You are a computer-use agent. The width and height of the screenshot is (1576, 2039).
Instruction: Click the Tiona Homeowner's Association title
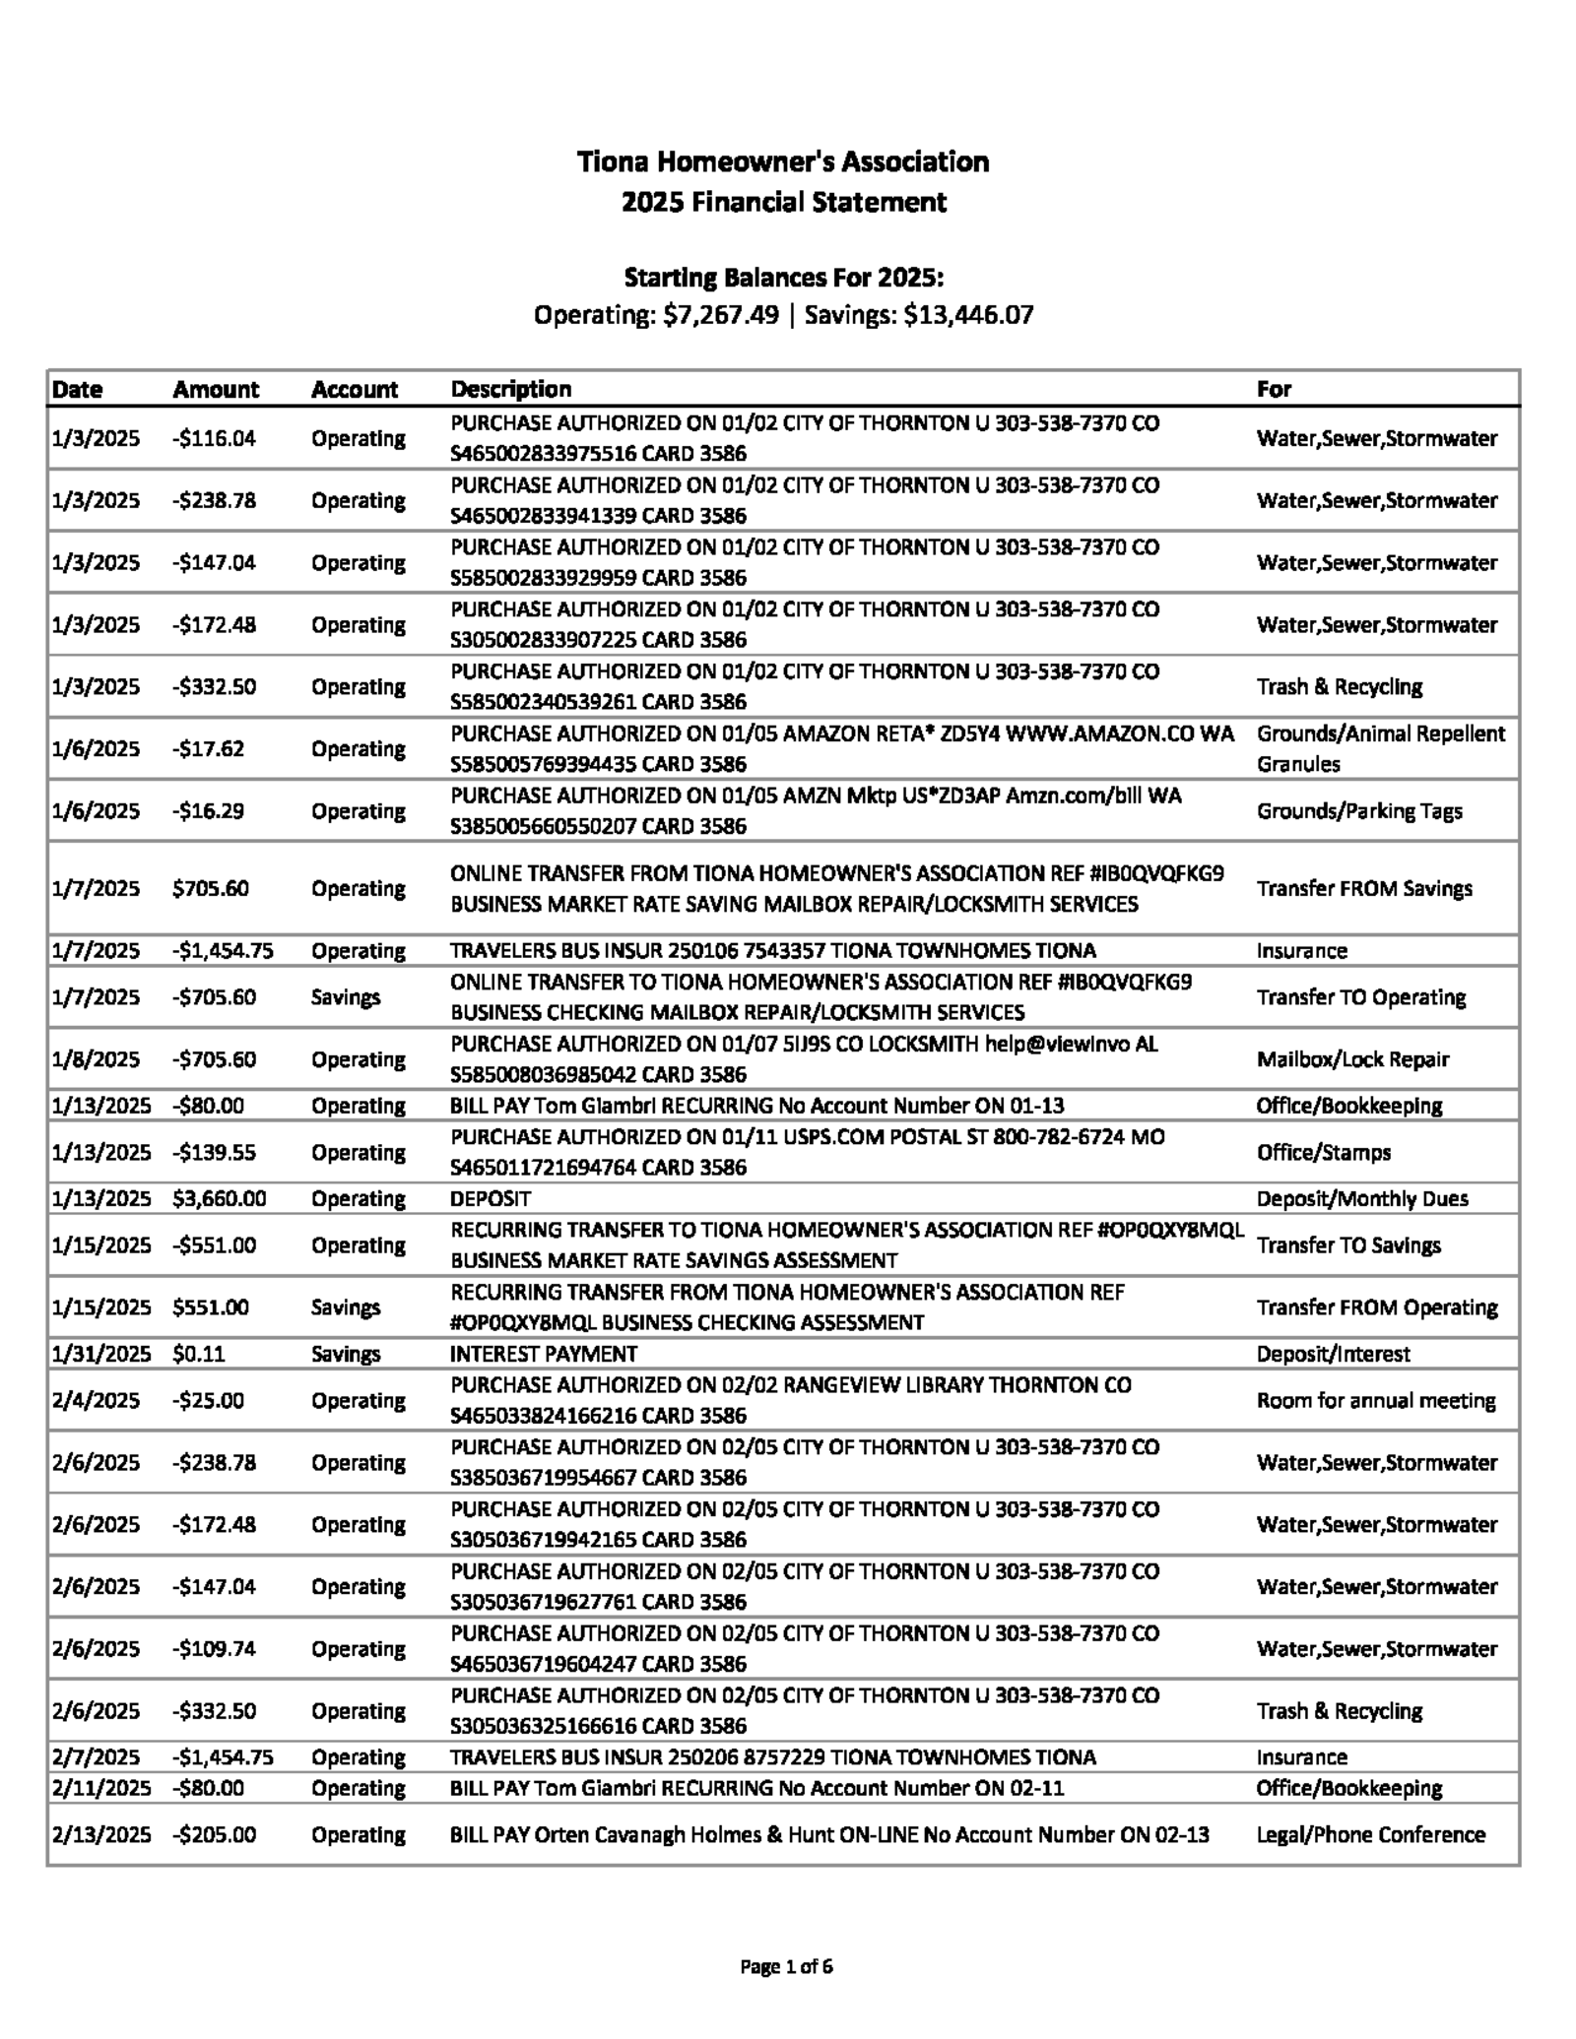click(783, 161)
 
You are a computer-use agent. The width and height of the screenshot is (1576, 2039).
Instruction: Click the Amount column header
click(216, 389)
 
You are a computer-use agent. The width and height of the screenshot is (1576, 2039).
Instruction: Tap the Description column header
click(510, 389)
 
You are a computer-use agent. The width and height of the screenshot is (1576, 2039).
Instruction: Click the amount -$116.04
click(214, 438)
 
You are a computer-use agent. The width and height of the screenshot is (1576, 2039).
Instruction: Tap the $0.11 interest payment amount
click(198, 1353)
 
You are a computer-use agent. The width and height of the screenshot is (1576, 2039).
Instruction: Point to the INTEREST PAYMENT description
click(544, 1353)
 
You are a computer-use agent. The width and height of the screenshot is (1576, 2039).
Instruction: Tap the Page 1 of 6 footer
click(786, 1966)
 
